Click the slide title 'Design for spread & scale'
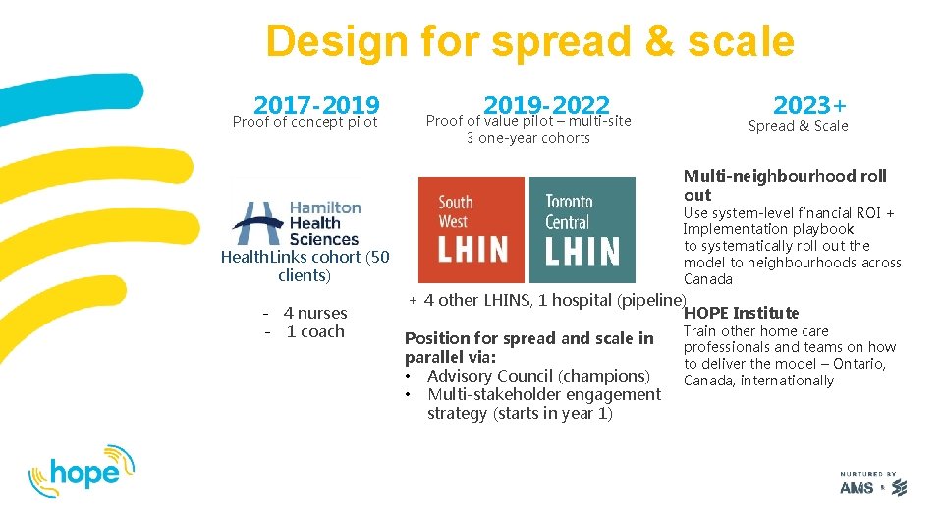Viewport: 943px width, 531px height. click(529, 42)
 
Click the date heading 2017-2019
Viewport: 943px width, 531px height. click(316, 104)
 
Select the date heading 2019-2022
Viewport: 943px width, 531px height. click(546, 104)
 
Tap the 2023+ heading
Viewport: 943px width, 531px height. click(810, 104)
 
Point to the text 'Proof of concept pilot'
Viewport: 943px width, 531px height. click(305, 123)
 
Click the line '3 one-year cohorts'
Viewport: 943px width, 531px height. click(527, 138)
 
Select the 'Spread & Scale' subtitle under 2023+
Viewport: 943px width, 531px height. click(798, 126)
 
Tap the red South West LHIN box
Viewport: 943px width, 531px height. click(471, 229)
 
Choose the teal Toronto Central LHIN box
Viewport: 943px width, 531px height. click(582, 229)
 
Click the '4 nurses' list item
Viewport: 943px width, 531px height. click(314, 314)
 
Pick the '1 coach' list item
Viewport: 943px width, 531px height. click(314, 332)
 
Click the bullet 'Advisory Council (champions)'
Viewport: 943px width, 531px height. click(539, 376)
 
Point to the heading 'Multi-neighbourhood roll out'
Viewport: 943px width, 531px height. click(784, 185)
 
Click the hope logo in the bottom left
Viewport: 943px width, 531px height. click(81, 470)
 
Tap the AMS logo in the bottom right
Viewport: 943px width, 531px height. click(872, 485)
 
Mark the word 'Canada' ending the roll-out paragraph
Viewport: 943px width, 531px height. click(707, 279)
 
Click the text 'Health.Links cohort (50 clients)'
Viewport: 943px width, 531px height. click(305, 266)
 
